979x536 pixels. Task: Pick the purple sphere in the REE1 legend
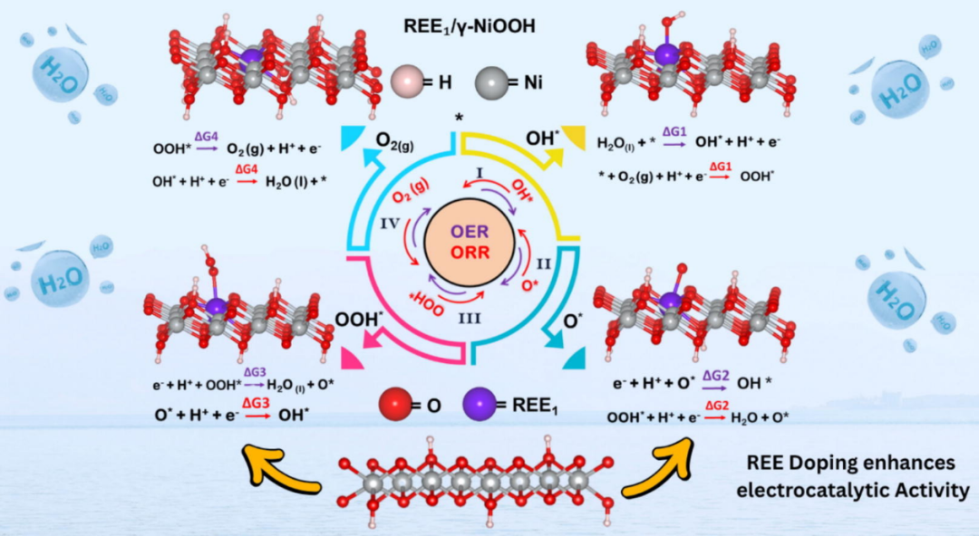point(480,405)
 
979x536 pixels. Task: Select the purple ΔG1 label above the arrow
point(673,132)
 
